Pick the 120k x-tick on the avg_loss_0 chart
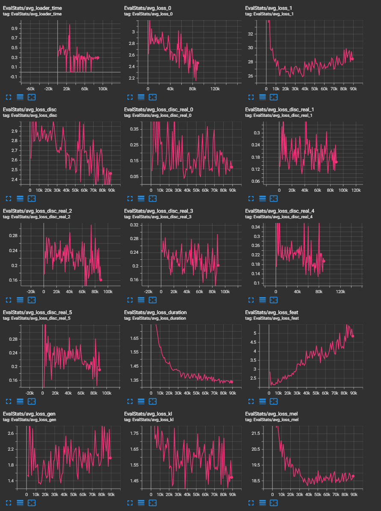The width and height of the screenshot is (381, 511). [215, 89]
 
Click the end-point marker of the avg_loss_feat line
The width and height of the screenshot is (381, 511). [353, 336]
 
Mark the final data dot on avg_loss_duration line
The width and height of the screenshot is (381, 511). [231, 382]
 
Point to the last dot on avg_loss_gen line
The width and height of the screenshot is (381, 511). [110, 458]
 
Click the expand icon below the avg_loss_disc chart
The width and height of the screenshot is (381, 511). [8, 199]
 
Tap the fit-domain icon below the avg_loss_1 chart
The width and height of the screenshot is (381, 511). [274, 97]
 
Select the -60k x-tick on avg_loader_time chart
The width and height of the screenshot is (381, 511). [30, 89]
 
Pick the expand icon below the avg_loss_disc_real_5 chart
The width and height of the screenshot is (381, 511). [8, 401]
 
